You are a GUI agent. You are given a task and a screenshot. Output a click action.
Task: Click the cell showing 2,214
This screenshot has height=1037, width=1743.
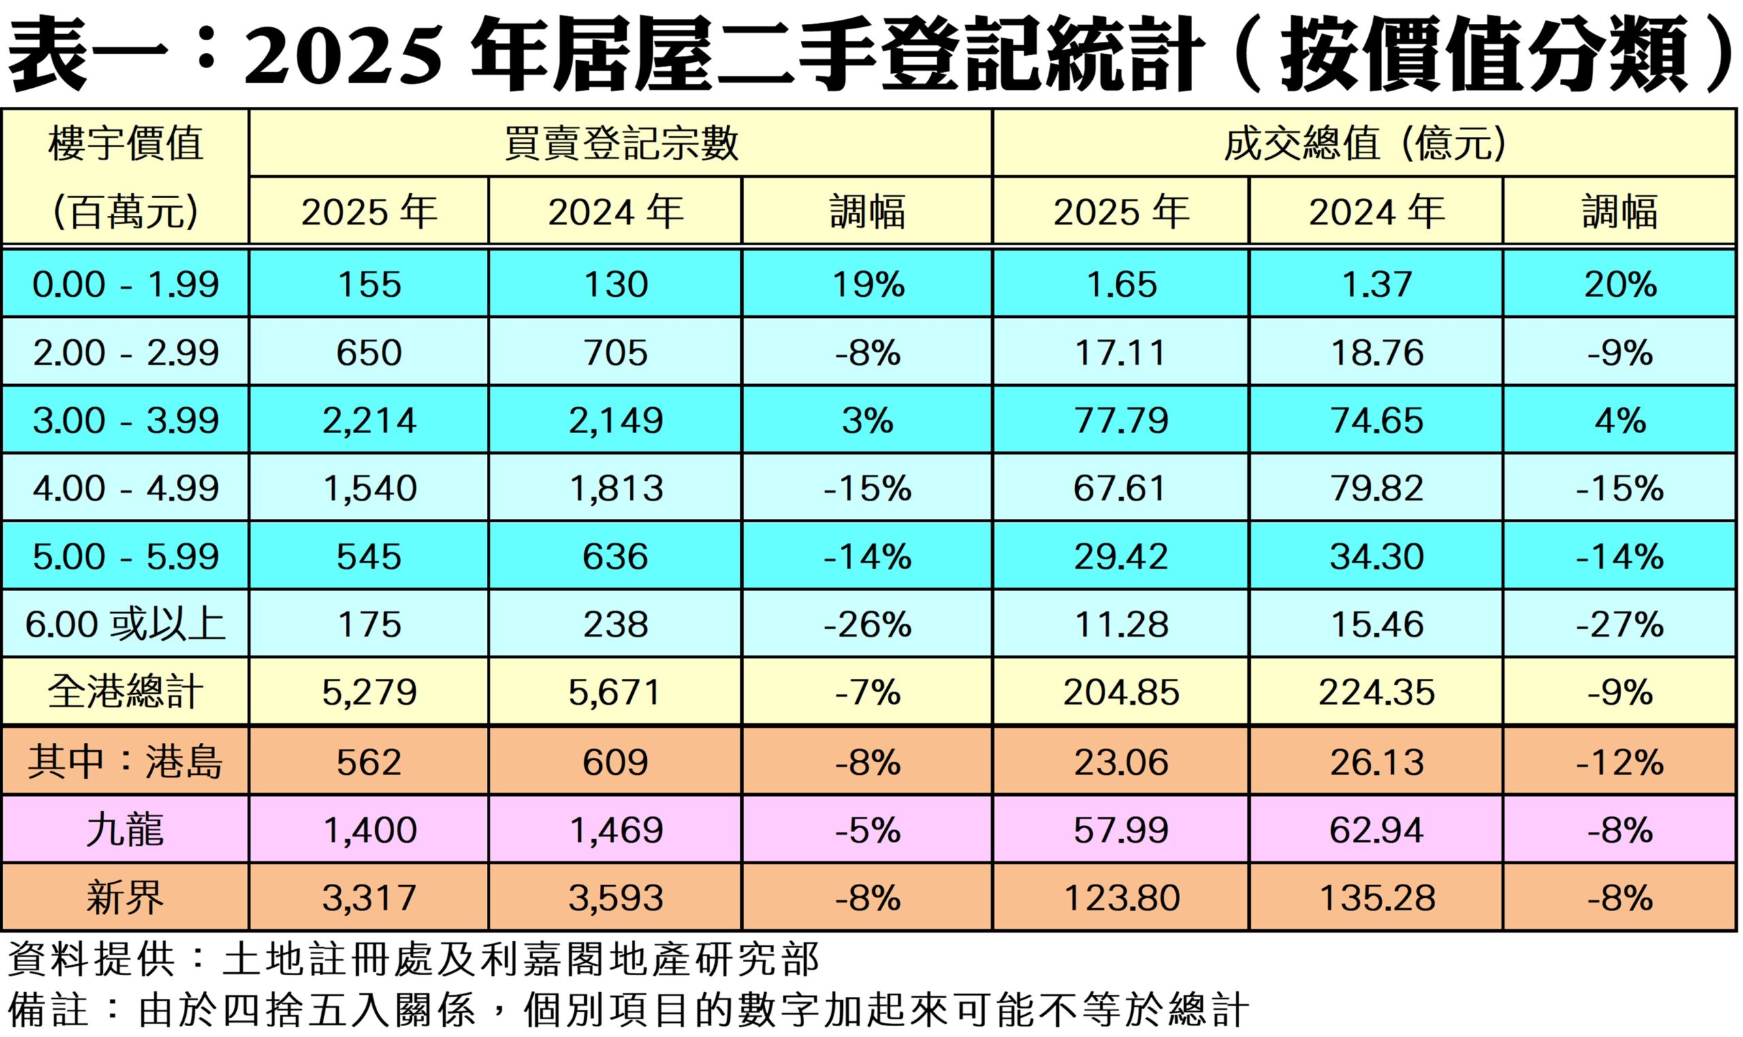point(369,420)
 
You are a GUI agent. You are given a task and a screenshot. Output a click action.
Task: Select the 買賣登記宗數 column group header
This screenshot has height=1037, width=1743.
point(620,144)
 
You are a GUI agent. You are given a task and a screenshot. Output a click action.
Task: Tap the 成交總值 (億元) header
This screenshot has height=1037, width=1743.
point(1364,144)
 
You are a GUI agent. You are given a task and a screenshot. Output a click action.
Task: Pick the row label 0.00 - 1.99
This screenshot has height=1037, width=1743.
point(126,285)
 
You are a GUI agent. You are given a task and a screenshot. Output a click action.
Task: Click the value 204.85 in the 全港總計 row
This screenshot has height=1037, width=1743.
point(1121,692)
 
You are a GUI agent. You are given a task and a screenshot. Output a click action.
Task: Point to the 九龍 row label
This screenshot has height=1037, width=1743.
point(126,830)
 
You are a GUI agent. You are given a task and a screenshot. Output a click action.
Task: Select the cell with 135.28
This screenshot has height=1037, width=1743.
point(1376,898)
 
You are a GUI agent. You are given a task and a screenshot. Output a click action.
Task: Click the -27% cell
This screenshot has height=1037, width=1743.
point(1619,624)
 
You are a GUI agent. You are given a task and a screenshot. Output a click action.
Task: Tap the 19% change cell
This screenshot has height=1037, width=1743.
point(867,285)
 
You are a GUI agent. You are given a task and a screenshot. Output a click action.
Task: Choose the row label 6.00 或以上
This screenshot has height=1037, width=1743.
point(126,624)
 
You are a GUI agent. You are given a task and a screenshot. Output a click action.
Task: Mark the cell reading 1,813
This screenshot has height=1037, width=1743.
point(615,488)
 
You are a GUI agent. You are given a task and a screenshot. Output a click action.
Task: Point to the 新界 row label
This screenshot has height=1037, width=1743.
point(126,898)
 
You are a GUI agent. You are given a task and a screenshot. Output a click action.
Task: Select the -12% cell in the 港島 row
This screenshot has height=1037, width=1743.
point(1619,762)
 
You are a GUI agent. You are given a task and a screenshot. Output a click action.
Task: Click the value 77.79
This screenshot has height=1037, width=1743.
point(1121,420)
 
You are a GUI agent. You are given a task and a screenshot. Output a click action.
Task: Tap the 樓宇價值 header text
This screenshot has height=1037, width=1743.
point(126,144)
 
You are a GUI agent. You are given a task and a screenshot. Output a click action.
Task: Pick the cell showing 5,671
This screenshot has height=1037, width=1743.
point(615,692)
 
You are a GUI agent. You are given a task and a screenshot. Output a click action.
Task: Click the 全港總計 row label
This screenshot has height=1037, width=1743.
point(126,692)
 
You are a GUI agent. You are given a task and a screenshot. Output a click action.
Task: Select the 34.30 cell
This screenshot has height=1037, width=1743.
point(1376,556)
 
